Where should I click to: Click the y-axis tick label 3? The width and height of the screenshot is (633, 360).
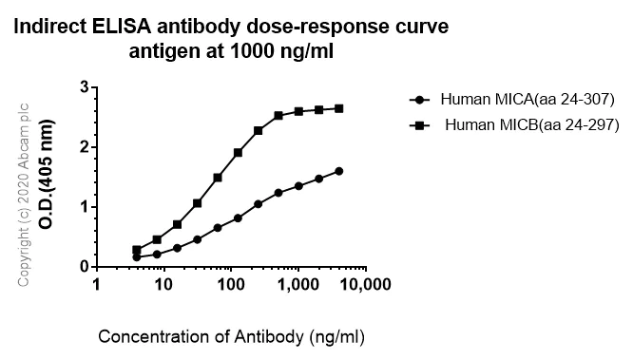click(x=84, y=87)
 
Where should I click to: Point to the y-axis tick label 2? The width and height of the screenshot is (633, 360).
click(x=84, y=147)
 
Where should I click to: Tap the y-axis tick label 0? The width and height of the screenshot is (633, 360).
click(x=84, y=267)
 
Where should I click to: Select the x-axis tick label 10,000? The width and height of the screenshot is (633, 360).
click(x=364, y=285)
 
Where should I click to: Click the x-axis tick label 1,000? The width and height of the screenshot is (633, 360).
click(x=298, y=285)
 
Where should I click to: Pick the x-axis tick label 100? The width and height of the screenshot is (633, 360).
click(x=230, y=285)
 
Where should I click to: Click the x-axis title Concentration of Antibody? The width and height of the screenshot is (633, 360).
click(x=220, y=336)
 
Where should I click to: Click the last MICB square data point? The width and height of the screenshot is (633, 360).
click(x=339, y=108)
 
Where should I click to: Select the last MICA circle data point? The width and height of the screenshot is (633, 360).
click(x=339, y=171)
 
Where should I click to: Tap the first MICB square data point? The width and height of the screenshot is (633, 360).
click(x=137, y=250)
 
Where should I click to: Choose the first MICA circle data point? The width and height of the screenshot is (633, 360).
click(x=137, y=256)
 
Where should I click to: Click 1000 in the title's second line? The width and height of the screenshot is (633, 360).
click(x=243, y=50)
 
